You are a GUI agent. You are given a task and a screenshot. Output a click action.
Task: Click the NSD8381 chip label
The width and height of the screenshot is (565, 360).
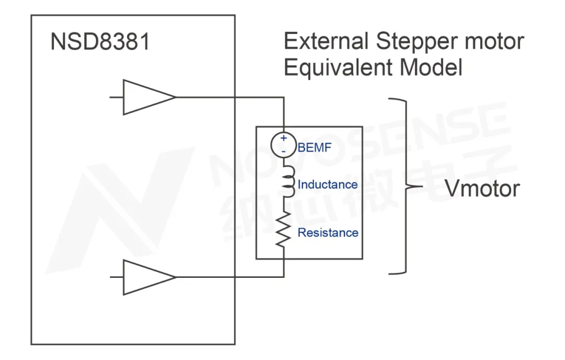pyautogui.click(x=100, y=42)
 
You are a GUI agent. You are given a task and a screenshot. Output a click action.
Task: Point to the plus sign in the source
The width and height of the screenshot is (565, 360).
pyautogui.click(x=284, y=139)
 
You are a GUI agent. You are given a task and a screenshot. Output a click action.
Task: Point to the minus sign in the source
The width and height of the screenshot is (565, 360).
pyautogui.click(x=284, y=151)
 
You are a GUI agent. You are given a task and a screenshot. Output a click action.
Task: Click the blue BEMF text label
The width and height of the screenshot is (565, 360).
pyautogui.click(x=314, y=148)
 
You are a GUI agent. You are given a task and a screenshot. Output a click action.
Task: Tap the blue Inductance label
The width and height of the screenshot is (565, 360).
pyautogui.click(x=327, y=184)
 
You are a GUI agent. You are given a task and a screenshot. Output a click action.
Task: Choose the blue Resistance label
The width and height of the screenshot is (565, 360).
pyautogui.click(x=328, y=232)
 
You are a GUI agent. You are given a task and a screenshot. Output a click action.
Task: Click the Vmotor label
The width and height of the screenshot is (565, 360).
pyautogui.click(x=482, y=188)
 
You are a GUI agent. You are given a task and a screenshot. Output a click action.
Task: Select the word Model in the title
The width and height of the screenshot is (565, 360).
pyautogui.click(x=434, y=68)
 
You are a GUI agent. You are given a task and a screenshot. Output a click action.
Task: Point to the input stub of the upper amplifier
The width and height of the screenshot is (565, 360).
pyautogui.click(x=116, y=97)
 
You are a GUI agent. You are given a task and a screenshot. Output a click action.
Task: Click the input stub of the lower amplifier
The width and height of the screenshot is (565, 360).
pyautogui.click(x=116, y=277)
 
